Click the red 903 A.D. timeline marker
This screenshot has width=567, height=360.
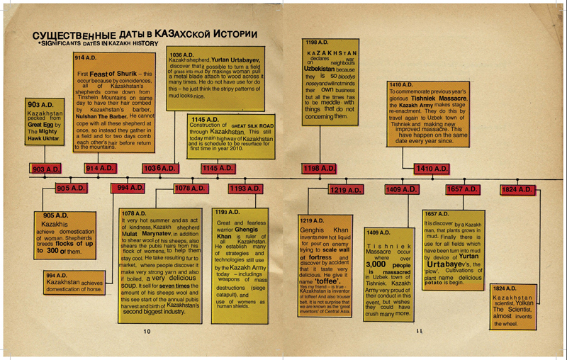click(47, 169)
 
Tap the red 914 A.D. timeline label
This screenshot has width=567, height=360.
click(100, 168)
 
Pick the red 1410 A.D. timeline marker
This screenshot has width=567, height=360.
click(432, 169)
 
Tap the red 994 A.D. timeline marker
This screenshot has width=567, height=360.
click(128, 189)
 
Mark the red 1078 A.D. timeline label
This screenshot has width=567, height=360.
click(191, 189)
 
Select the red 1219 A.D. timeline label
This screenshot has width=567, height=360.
click(345, 190)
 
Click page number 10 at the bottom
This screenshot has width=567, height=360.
click(147, 330)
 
